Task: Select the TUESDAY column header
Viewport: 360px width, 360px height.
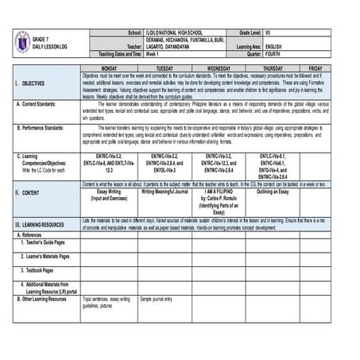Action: click(165, 69)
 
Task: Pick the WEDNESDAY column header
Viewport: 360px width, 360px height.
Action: click(219, 69)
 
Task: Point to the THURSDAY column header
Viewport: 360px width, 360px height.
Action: click(273, 69)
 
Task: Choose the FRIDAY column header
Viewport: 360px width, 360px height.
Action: click(315, 69)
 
